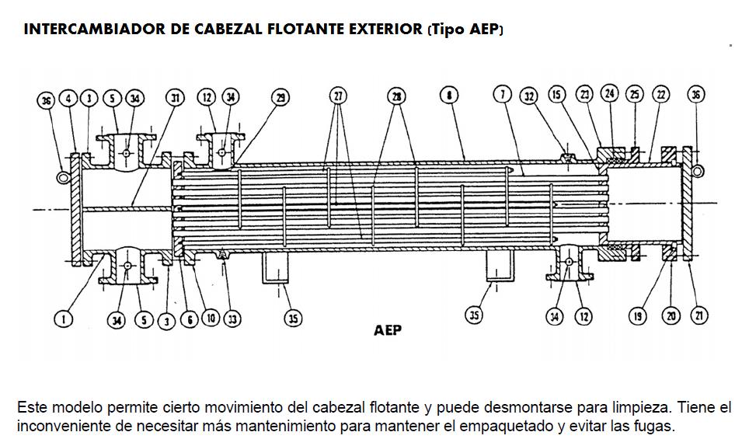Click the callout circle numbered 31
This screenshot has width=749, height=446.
pos(176,97)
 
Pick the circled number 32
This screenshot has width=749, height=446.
pos(530,96)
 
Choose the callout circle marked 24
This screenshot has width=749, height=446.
pos(610,94)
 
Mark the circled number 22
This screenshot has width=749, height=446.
pos(661,95)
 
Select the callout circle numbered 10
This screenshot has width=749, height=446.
pos(210,318)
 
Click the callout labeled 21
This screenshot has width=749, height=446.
pos(698,315)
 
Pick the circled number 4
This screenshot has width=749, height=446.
pos(69,98)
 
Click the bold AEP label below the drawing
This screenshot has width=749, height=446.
pos(388,330)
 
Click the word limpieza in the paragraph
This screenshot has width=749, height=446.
pos(638,407)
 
